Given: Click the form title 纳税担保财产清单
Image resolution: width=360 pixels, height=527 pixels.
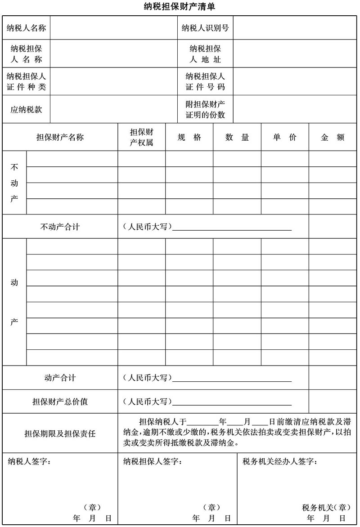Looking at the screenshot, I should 180,7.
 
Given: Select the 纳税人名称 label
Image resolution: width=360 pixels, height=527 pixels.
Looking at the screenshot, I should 26,28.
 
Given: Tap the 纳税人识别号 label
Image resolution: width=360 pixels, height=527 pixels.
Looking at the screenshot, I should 205,28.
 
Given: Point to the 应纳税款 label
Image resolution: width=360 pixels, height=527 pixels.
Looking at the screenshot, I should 26,109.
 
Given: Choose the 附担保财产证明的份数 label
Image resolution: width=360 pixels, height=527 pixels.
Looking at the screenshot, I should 205,109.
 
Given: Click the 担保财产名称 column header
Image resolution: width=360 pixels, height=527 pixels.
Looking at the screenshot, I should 60,138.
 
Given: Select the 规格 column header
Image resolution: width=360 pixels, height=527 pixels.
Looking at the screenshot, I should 189,138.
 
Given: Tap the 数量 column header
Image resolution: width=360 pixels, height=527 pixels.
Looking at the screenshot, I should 237,138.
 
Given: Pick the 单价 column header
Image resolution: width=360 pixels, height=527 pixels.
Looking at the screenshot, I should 285,138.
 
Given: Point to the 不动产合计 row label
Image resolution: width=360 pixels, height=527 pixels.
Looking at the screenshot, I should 60,227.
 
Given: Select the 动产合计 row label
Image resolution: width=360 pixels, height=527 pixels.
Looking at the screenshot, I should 60,378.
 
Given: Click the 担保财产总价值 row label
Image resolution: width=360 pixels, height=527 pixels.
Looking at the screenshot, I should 60,402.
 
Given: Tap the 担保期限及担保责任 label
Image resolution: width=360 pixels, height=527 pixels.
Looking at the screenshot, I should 60,433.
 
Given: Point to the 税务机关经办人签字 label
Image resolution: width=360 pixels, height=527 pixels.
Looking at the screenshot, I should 279,461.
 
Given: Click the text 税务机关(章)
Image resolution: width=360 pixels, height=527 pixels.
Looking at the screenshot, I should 326,508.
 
